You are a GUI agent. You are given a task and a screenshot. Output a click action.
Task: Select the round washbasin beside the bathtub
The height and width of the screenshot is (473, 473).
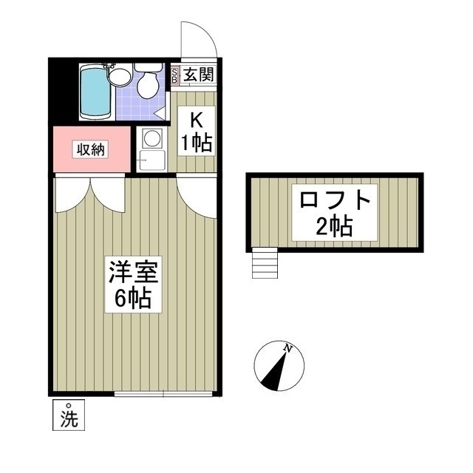120,75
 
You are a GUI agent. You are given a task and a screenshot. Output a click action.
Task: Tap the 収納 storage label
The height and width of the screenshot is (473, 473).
91,149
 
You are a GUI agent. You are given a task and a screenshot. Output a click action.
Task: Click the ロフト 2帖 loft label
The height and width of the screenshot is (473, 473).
334,213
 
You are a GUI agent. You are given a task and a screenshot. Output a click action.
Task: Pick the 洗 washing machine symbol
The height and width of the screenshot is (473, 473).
68,416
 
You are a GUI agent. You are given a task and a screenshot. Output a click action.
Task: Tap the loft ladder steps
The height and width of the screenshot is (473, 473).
264,262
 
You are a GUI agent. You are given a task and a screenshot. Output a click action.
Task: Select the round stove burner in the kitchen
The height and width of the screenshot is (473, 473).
152,138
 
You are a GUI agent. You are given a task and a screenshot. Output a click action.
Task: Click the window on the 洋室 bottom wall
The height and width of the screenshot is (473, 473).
165,394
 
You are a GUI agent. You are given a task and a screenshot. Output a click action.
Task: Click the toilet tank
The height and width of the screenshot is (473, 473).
148,67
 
